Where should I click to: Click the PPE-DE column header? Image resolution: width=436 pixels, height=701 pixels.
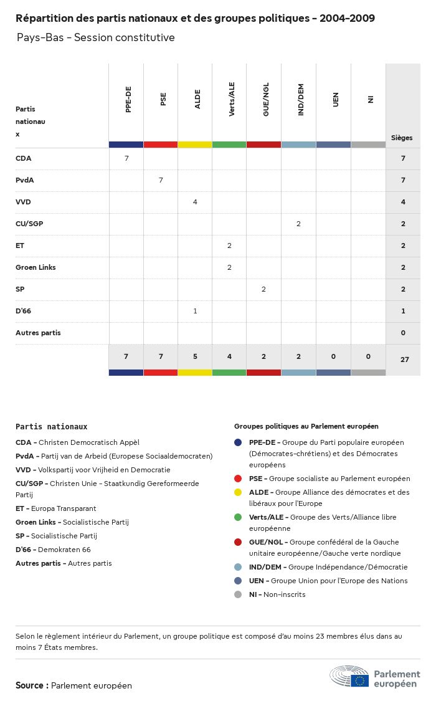pyautogui.click(x=128, y=102)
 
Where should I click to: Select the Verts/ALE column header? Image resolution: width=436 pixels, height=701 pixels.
pyautogui.click(x=232, y=102)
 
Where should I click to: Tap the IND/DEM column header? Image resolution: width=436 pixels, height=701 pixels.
pyautogui.click(x=301, y=102)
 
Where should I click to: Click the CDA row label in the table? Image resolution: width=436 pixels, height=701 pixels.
pyautogui.click(x=24, y=158)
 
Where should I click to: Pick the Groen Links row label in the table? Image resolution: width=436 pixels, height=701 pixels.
pyautogui.click(x=36, y=267)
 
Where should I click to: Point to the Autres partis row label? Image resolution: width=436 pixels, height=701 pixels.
pyautogui.click(x=38, y=333)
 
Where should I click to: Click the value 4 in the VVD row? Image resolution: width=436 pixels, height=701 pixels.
pyautogui.click(x=195, y=202)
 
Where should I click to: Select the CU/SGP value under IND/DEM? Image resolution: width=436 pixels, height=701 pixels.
pyautogui.click(x=298, y=224)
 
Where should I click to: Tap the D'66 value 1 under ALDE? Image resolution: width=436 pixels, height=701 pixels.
pyautogui.click(x=195, y=311)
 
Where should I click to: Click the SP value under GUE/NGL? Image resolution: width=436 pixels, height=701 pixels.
pyautogui.click(x=263, y=289)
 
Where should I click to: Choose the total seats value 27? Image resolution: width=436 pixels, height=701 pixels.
pyautogui.click(x=403, y=360)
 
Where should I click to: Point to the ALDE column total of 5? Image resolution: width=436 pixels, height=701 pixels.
pyautogui.click(x=195, y=356)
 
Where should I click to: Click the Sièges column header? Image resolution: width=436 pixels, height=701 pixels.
pyautogui.click(x=402, y=138)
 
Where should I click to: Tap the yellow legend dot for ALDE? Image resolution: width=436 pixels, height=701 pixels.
pyautogui.click(x=238, y=492)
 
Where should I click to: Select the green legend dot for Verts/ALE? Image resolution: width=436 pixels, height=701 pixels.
pyautogui.click(x=238, y=517)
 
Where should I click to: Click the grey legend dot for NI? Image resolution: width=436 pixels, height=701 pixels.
pyautogui.click(x=238, y=594)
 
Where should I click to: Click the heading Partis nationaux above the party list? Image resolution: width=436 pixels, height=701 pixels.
pyautogui.click(x=51, y=427)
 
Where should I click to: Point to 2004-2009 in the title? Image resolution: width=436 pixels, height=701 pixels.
pyautogui.click(x=347, y=18)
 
